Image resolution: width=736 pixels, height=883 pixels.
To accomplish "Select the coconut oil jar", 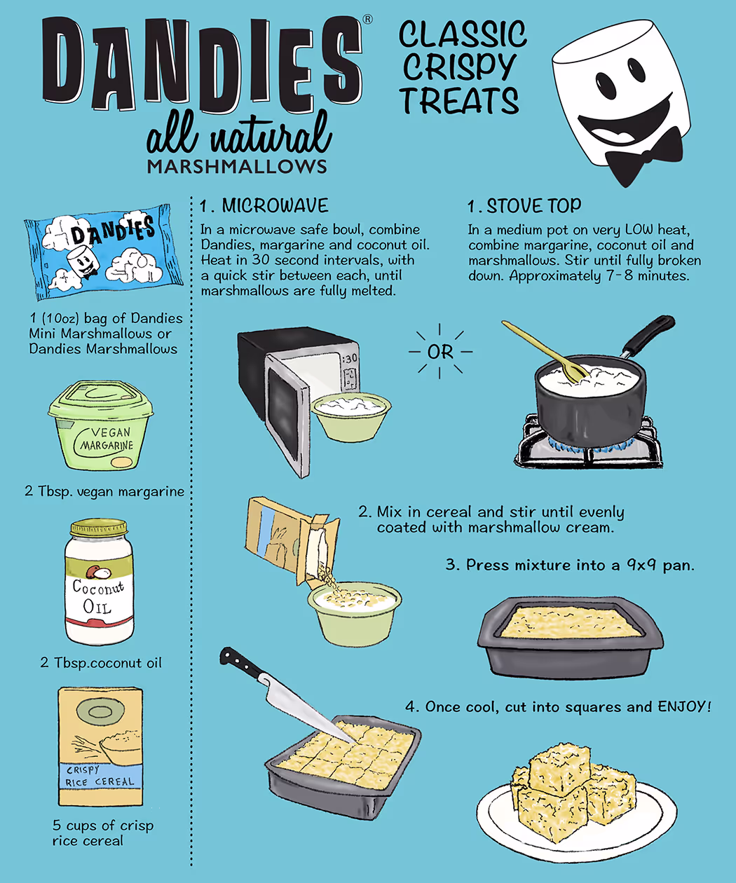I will click(x=100, y=583).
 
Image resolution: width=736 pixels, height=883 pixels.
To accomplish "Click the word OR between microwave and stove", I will click(x=440, y=352).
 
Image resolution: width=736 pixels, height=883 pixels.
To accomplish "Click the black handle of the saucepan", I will click(x=648, y=334).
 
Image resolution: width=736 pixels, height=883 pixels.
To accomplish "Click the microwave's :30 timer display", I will click(x=349, y=359).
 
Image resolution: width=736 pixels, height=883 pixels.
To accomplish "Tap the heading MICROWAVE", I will click(x=275, y=205).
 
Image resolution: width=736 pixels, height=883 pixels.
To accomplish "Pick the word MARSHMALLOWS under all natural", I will click(x=237, y=166).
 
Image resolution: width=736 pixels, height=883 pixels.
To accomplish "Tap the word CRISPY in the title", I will click(x=459, y=67).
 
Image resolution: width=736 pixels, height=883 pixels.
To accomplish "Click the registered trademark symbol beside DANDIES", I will click(x=367, y=20).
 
